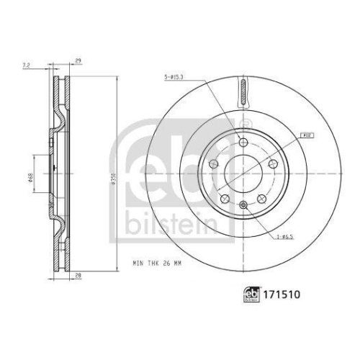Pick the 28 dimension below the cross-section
(76, 274)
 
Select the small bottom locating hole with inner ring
(244, 208)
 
